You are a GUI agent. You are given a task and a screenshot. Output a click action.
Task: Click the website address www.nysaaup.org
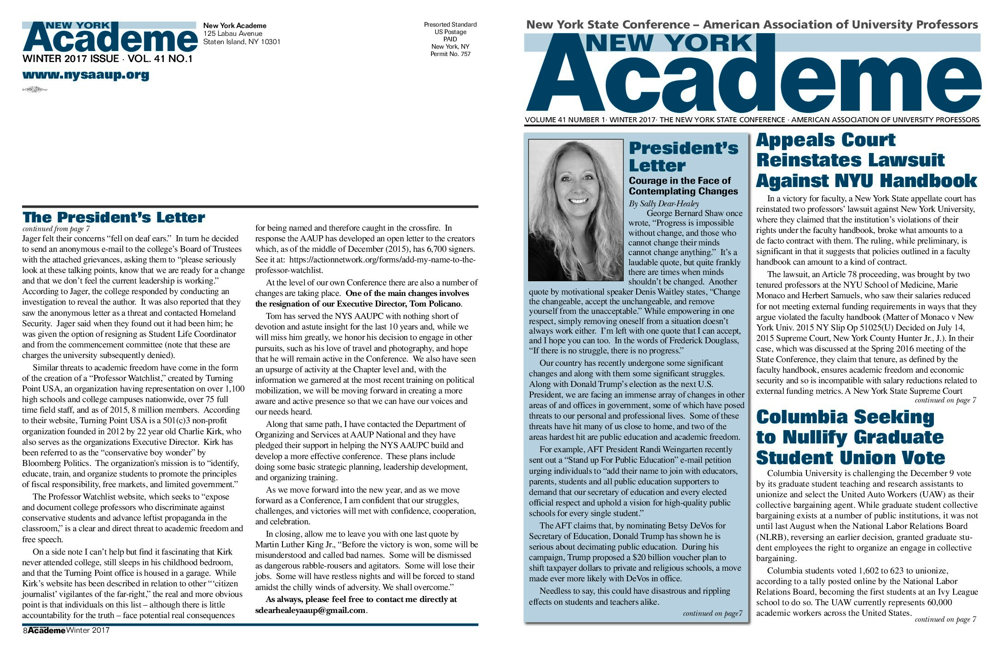[x=86, y=75]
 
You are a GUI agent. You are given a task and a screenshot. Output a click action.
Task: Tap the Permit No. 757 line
[x=450, y=54]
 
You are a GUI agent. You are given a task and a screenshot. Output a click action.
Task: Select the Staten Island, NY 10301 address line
[x=242, y=42]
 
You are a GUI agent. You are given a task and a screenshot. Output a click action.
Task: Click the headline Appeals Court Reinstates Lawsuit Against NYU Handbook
[x=866, y=160]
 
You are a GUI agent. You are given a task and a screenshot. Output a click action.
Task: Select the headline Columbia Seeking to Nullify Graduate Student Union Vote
[x=850, y=437]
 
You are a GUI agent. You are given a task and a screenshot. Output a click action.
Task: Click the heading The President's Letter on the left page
[x=114, y=217]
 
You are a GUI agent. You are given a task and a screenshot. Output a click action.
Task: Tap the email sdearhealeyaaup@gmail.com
[x=311, y=610]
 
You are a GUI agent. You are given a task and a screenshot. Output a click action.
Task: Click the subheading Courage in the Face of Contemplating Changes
[x=683, y=186]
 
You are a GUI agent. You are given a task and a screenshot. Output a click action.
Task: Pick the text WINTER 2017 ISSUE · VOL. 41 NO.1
[x=107, y=59]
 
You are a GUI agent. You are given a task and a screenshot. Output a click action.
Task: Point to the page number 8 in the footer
[x=25, y=630]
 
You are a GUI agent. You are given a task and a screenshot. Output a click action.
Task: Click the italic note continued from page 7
[x=56, y=229]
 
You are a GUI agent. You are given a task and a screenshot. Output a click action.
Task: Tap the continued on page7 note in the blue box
[x=712, y=613]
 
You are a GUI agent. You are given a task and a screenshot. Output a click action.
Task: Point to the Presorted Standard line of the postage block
[x=450, y=25]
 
